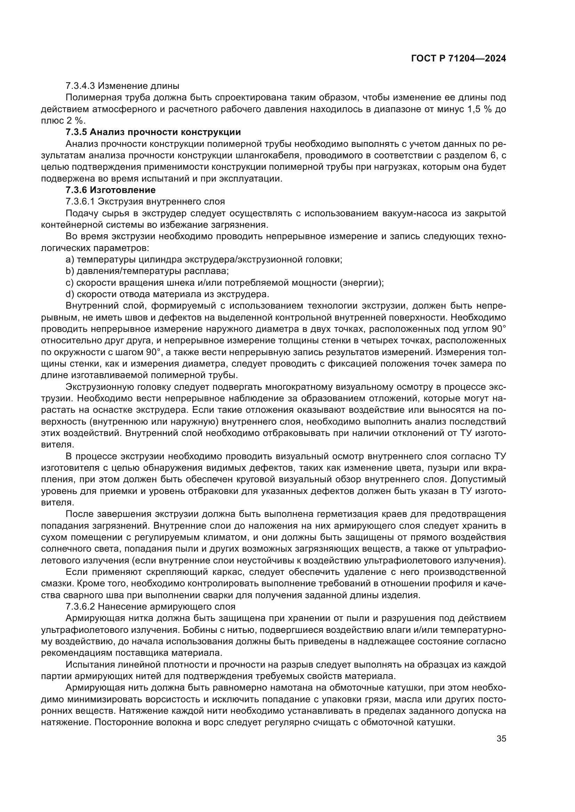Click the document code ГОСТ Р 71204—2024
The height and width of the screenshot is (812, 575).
coord(458,59)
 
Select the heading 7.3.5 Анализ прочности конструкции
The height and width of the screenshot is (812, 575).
coord(153,132)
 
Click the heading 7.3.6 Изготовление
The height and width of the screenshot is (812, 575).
coord(111,190)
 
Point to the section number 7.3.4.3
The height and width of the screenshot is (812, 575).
coord(80,86)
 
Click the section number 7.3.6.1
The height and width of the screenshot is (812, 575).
coord(80,202)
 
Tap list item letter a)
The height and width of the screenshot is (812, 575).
coord(70,260)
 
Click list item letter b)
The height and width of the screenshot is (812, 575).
coord(70,271)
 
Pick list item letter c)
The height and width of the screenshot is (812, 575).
coord(70,283)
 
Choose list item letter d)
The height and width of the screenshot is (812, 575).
coord(70,295)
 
